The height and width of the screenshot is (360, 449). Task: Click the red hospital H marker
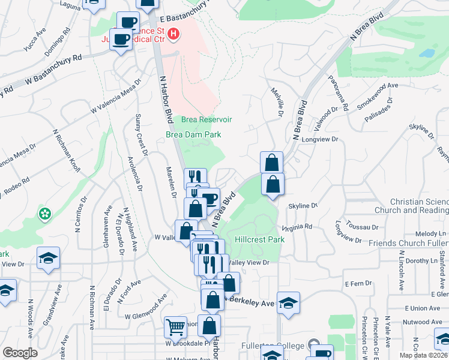[x=173, y=34]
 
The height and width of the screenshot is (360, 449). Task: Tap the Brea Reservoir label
[x=206, y=119]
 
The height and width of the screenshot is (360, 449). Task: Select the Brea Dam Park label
[x=193, y=135]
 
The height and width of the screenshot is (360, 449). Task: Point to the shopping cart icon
[x=175, y=327]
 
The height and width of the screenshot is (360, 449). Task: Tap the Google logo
[x=20, y=353]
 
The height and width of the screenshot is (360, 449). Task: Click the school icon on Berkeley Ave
[x=288, y=302]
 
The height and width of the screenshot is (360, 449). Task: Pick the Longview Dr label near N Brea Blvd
[x=325, y=139]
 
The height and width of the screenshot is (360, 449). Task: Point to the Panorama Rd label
[x=338, y=94]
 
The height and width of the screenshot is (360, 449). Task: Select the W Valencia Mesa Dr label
[x=115, y=98]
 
